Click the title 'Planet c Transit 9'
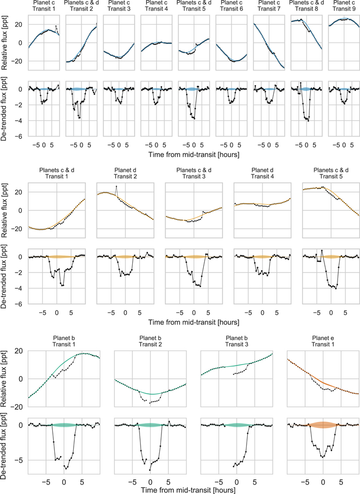pyautogui.click(x=344, y=6)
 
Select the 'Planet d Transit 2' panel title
pyautogui.click(x=125, y=173)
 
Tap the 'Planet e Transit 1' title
pyautogui.click(x=323, y=341)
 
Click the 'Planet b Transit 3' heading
pyautogui.click(x=236, y=341)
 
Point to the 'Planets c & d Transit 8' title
pyautogui.click(x=306, y=6)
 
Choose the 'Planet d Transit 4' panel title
pyautogui.click(x=262, y=173)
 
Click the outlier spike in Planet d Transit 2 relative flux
pyautogui.click(x=117, y=186)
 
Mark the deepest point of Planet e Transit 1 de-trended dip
pyautogui.click(x=323, y=457)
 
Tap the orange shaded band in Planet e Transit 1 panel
pyautogui.click(x=323, y=425)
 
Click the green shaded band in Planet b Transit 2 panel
pyautogui.click(x=150, y=425)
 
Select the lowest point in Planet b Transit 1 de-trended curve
pyautogui.click(x=66, y=468)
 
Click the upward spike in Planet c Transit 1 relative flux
pyautogui.click(x=56, y=26)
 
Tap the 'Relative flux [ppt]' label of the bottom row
pyautogui.click(x=4, y=378)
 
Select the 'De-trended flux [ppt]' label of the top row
pyautogui.click(x=4, y=109)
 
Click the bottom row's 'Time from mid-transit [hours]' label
pyautogui.click(x=188, y=490)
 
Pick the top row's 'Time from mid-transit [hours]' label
pyautogui.click(x=193, y=155)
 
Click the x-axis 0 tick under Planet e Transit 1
pyautogui.click(x=323, y=482)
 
